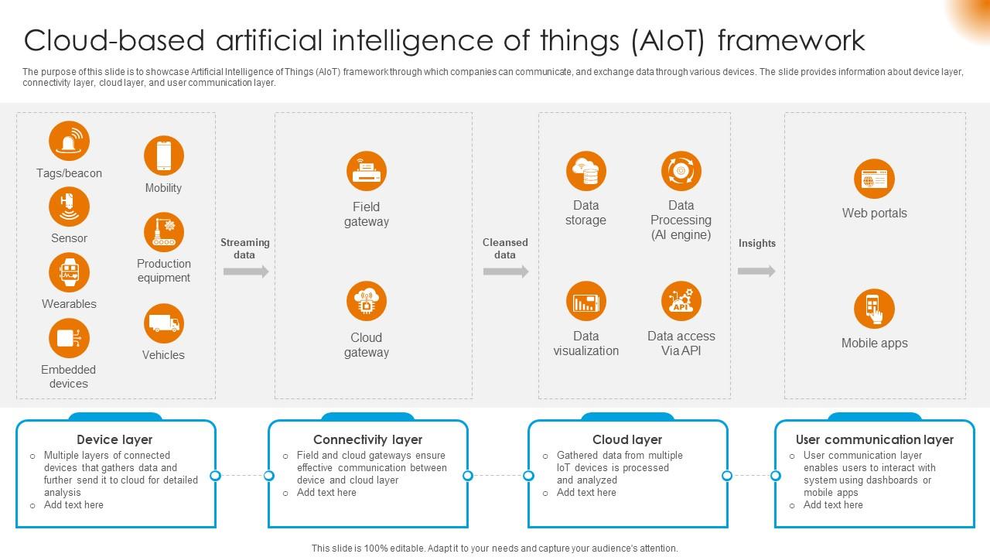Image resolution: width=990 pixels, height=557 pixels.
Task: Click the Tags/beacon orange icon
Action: (69, 142)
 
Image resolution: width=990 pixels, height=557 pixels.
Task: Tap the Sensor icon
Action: (69, 207)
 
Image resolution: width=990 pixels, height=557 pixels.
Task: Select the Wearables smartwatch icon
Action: (69, 272)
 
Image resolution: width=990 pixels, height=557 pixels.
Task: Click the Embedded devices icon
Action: (69, 338)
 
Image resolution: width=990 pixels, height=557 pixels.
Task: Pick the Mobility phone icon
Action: (163, 155)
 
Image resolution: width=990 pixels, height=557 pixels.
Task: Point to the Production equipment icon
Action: (163, 231)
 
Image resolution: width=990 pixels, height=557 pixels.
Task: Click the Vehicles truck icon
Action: (163, 323)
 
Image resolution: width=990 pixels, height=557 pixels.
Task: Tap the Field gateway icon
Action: (367, 171)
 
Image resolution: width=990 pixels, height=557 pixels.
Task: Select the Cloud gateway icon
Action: (367, 302)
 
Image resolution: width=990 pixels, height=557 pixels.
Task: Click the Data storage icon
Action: (585, 171)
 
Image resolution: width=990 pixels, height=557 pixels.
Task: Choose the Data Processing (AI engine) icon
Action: (681, 171)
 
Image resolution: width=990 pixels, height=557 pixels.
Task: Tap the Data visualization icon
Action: (585, 302)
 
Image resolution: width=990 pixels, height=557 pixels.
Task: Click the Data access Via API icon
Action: (681, 302)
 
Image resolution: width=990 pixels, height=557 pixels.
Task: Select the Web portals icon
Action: (874, 179)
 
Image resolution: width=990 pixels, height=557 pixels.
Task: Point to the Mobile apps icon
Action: (874, 309)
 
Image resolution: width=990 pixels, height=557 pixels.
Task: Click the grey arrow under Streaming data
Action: (246, 272)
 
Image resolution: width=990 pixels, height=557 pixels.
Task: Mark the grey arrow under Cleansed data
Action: (506, 272)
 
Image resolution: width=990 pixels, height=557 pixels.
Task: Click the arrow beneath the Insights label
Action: (756, 272)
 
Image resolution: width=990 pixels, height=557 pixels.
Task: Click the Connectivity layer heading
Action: (367, 439)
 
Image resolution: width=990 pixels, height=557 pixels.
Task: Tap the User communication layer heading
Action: (874, 439)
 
